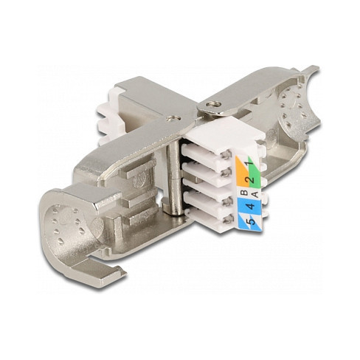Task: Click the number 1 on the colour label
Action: click(x=250, y=162)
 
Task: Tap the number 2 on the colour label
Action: click(x=251, y=179)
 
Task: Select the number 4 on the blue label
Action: click(x=251, y=206)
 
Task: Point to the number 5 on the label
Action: click(x=251, y=221)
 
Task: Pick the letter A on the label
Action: click(x=255, y=195)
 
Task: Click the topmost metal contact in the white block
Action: click(x=226, y=154)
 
